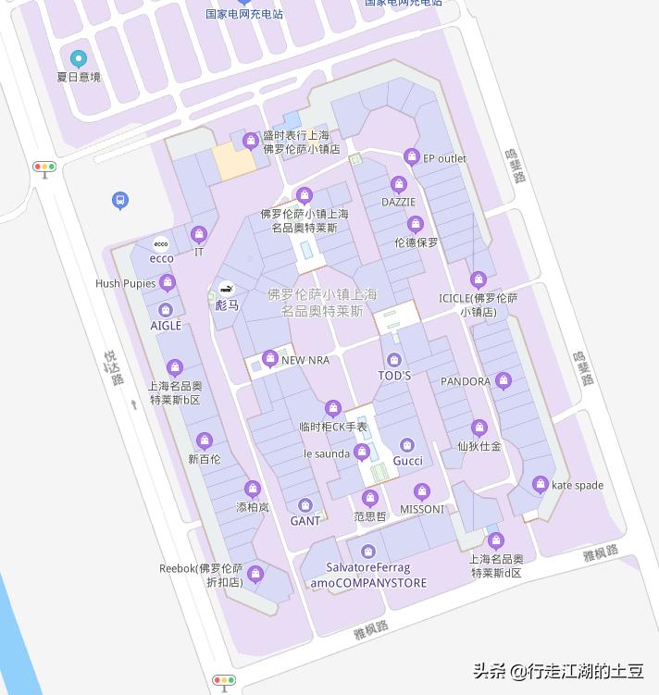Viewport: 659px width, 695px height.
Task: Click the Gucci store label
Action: (407, 461)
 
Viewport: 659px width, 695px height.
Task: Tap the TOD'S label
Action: (394, 376)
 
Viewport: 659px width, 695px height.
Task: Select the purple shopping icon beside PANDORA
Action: (503, 380)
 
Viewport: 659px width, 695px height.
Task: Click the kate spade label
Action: (577, 485)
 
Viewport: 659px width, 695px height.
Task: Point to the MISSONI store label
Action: (421, 509)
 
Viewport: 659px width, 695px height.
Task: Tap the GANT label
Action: (305, 521)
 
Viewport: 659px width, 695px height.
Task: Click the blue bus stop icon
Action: (119, 200)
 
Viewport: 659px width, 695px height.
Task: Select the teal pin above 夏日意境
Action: (78, 58)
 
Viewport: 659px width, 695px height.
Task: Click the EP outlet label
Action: (444, 158)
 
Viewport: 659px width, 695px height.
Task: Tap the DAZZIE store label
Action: (398, 202)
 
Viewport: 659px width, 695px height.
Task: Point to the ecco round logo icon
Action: (161, 244)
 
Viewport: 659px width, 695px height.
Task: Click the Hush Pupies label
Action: (126, 283)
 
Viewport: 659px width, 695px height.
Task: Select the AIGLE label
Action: (166, 326)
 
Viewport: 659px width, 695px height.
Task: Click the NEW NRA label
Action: (305, 360)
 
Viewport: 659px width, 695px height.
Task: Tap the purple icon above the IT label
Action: (198, 234)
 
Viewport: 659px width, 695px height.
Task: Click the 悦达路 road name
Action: (114, 367)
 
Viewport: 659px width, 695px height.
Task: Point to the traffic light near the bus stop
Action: (44, 168)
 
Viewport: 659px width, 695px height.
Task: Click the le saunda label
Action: (327, 453)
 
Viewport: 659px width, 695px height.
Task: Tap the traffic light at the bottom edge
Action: (224, 681)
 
